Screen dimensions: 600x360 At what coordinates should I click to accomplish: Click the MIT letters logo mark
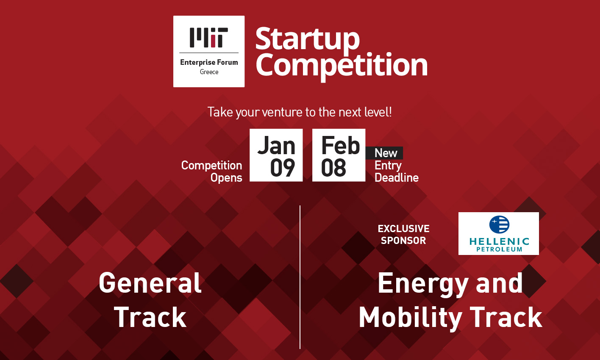208,37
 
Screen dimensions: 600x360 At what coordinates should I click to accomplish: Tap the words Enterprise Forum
209,62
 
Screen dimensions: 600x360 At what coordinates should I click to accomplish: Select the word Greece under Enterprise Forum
209,72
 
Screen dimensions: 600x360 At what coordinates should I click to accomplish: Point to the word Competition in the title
342,66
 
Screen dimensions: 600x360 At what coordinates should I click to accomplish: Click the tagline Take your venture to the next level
300,112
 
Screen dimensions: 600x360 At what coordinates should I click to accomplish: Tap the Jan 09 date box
276,155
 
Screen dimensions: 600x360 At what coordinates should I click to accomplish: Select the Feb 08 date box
339,155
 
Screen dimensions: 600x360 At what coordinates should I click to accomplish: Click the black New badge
385,153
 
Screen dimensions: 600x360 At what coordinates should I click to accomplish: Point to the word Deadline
397,178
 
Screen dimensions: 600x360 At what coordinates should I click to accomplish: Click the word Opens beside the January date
226,178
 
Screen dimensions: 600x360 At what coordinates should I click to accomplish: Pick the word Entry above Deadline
388,166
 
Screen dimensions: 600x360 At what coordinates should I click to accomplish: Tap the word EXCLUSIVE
403,229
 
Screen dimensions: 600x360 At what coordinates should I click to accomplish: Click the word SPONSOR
403,241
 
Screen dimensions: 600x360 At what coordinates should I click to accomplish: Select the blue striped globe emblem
499,224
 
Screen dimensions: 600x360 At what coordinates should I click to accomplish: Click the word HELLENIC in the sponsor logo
499,242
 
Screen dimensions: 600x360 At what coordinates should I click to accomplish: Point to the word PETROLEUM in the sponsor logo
499,249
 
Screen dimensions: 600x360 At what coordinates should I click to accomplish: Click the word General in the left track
150,283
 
